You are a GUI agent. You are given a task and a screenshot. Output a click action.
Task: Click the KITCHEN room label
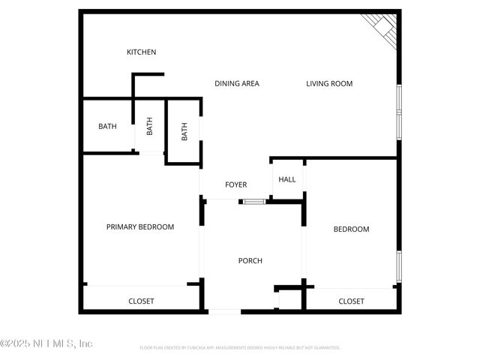[x=141, y=52]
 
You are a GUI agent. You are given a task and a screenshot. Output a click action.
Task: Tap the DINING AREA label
[x=236, y=83]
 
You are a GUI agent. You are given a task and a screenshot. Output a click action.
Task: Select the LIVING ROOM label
[x=329, y=83]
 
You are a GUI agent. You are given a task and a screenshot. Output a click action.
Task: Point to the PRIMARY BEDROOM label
[x=140, y=227]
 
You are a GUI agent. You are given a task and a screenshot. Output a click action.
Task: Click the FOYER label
[x=236, y=184]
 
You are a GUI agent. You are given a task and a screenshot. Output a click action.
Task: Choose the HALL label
[x=287, y=179]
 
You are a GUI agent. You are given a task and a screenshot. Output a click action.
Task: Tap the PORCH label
[x=250, y=261]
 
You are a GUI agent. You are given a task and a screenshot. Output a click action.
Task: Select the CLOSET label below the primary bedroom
[x=141, y=301]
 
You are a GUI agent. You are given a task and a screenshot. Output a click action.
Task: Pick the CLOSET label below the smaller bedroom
[x=351, y=301]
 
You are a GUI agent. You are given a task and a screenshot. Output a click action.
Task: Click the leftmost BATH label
[x=107, y=126]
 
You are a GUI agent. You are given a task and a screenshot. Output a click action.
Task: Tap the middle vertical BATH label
[x=149, y=126]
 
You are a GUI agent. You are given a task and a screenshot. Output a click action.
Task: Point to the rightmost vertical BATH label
[x=184, y=131]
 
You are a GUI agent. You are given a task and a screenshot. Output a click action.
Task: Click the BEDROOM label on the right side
[x=351, y=229]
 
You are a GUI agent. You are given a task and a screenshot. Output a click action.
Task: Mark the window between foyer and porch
[x=253, y=201]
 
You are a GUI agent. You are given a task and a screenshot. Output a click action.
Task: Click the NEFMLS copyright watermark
[x=46, y=343]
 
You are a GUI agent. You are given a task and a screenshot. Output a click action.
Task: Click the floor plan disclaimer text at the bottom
[x=240, y=348]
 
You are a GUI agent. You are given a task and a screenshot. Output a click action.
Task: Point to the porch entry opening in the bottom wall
[x=224, y=311]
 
